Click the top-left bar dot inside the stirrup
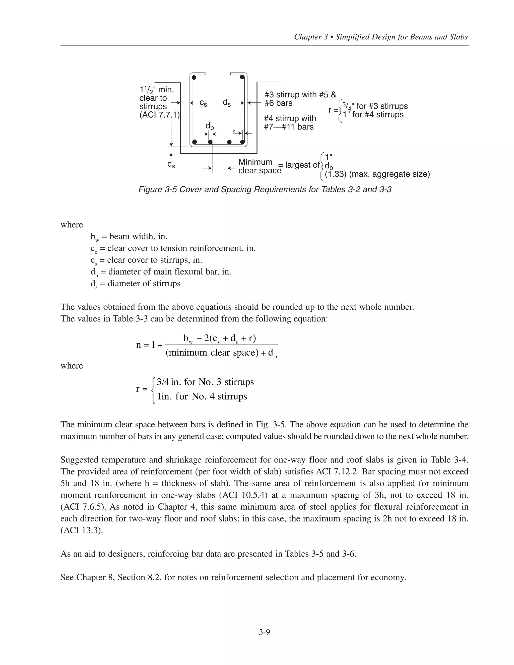tap(194, 78)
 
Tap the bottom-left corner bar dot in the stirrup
tap(195, 142)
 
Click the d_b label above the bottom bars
tap(210, 126)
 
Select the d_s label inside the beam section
tap(227, 103)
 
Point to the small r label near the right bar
tap(234, 132)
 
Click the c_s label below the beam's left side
tap(171, 165)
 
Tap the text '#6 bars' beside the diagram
tap(278, 103)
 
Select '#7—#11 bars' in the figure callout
tap(289, 127)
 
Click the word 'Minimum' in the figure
tap(255, 162)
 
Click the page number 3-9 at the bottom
tap(264, 632)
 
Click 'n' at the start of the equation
tap(139, 345)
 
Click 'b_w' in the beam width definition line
tap(95, 237)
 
